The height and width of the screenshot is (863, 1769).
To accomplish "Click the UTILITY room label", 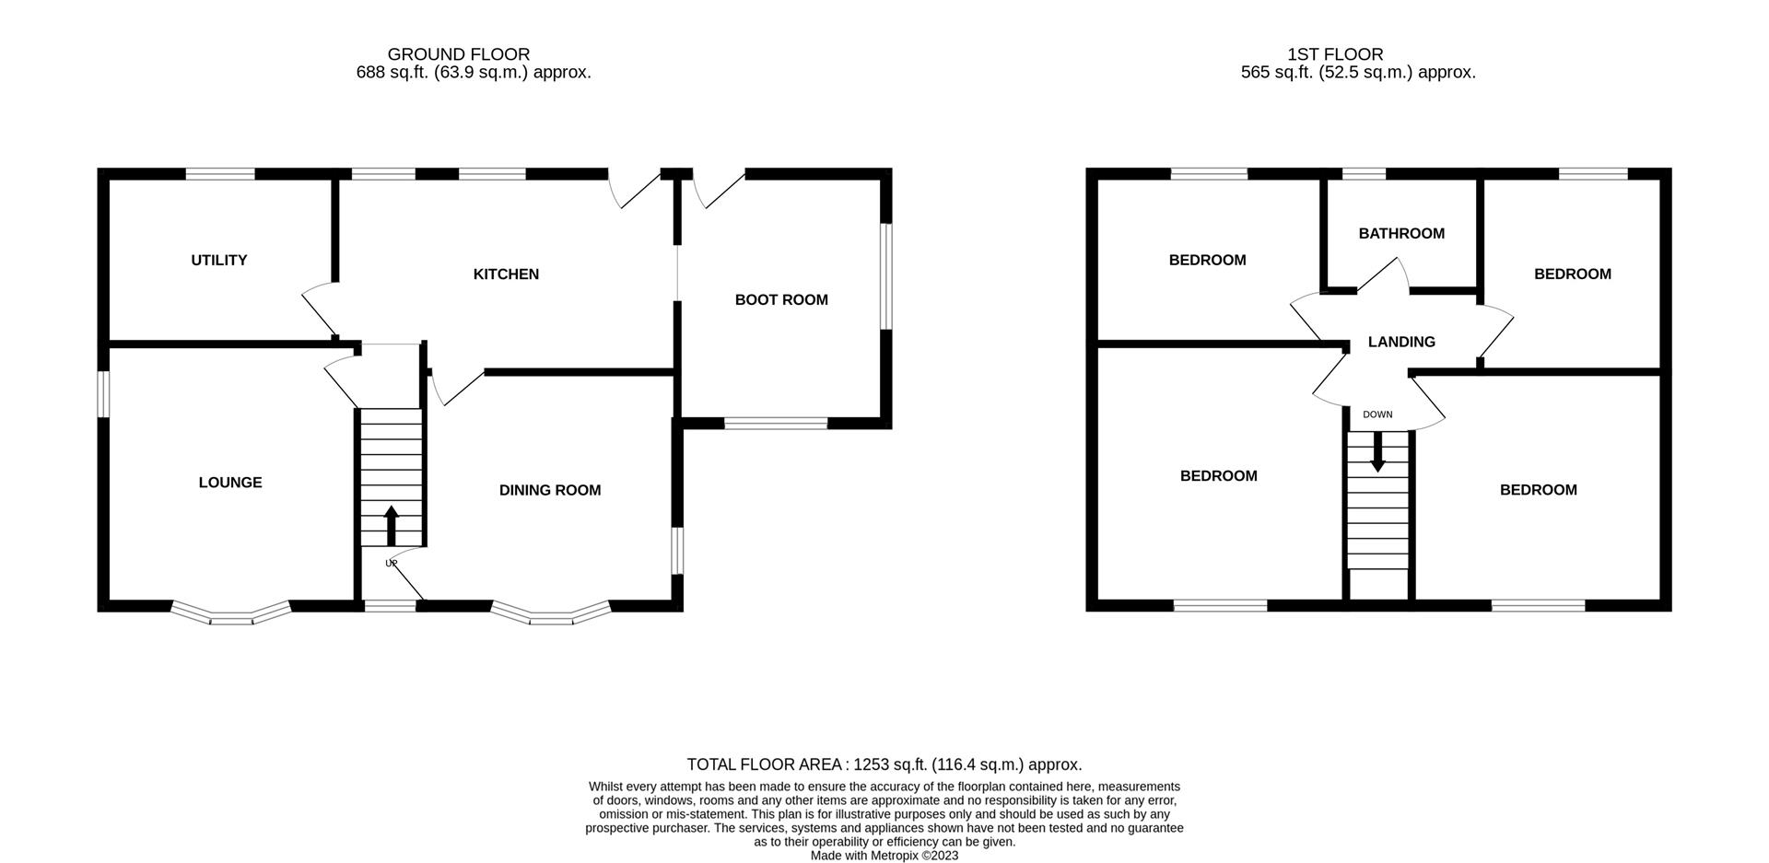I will tap(219, 261).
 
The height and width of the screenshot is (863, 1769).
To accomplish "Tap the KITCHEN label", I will tap(506, 274).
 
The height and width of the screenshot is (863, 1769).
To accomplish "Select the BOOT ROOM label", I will tap(781, 300).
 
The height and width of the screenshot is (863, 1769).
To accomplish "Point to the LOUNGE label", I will tap(230, 483).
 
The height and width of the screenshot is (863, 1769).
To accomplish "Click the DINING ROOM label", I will tap(550, 491).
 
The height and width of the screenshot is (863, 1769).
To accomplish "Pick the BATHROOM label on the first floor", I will tap(1401, 234).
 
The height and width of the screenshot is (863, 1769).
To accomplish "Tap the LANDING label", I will tap(1401, 343).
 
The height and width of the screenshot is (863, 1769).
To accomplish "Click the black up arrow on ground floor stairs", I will tap(391, 525).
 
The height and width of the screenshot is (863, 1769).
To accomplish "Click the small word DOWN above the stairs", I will tap(1377, 414).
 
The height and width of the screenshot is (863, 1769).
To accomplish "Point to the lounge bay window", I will tap(231, 614).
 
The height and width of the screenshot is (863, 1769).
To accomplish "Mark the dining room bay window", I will tap(551, 614).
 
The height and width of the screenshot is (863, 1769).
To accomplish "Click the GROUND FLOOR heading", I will tap(459, 54).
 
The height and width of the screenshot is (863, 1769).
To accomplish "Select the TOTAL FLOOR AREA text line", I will tap(884, 764).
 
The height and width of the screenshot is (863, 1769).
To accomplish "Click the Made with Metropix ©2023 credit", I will tap(884, 856).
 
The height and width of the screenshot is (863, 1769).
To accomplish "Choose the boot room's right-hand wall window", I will tap(885, 275).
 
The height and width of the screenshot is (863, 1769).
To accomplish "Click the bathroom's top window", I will tap(1364, 173).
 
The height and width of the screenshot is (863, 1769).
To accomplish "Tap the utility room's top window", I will tap(220, 173).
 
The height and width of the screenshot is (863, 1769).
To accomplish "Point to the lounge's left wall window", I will tap(104, 393).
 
